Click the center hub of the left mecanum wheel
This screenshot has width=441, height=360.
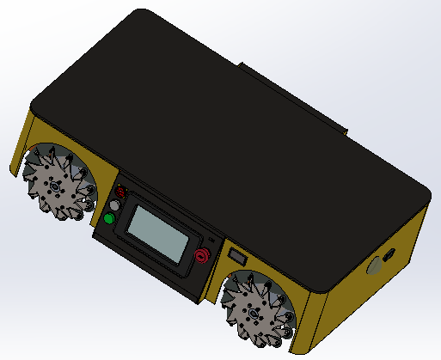[56, 185]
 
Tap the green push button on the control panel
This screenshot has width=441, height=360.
[109, 220]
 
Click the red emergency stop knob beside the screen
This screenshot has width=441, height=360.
[203, 255]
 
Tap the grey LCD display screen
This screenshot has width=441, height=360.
[161, 233]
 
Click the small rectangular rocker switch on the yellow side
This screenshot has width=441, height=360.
[236, 255]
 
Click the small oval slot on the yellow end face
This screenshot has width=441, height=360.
[389, 255]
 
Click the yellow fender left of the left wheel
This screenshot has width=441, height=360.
[21, 142]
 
